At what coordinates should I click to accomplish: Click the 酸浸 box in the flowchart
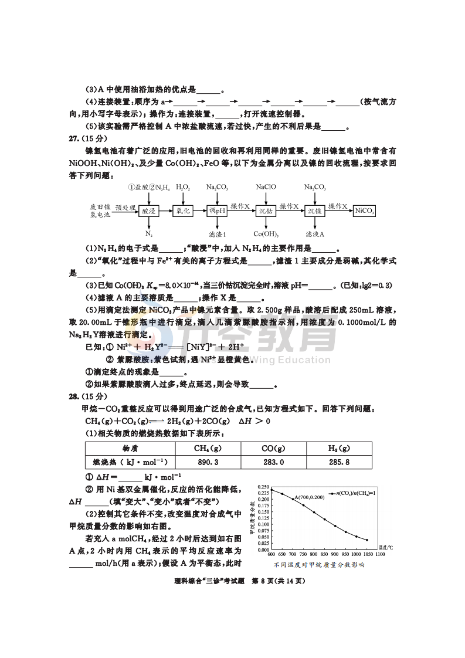point(149,211)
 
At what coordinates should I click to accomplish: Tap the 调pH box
point(217,211)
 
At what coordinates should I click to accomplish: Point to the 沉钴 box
point(266,211)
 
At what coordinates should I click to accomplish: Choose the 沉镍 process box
point(314,211)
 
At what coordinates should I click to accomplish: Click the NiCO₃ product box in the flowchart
point(365,211)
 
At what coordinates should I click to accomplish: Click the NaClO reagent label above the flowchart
point(266,187)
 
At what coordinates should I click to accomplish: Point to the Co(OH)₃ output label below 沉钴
point(266,234)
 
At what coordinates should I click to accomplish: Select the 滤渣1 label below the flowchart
point(217,234)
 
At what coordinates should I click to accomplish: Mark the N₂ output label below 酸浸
point(149,234)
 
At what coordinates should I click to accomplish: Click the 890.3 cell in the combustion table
point(208,462)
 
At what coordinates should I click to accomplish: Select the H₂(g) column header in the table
point(339,448)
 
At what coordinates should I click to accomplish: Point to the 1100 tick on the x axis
point(379,554)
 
